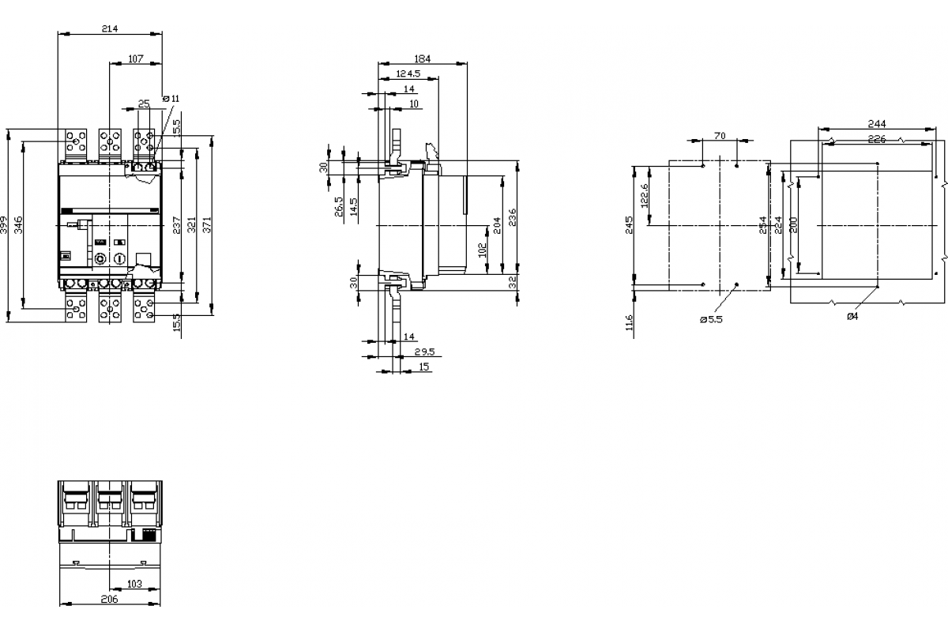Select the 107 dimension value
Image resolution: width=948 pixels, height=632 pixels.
135,58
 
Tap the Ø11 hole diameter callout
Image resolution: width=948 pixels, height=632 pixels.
171,99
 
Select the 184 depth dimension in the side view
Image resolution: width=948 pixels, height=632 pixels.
423,58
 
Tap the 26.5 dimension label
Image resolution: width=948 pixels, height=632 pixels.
337,207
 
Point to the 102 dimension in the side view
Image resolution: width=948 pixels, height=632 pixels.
482,250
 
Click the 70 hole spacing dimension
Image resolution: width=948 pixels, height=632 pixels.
719,136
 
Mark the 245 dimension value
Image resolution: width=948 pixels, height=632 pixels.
630,226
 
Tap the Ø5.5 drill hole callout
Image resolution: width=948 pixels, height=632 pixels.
710,319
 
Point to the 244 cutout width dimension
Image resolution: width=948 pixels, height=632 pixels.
876,123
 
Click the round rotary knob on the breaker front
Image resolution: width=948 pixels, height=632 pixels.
100,259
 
